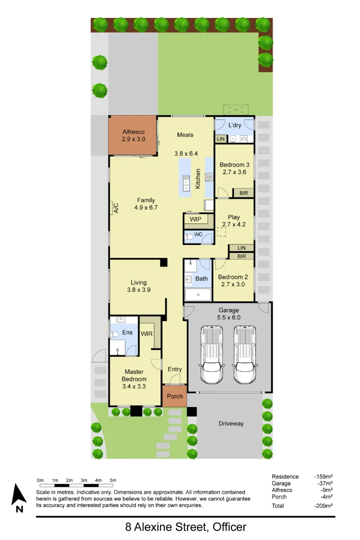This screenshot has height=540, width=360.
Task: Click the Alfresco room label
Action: tap(133, 132)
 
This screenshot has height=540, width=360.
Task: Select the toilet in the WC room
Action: tap(189, 238)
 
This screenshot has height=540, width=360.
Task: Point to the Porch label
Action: tap(174, 396)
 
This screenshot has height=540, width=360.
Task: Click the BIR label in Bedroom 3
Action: tap(243, 192)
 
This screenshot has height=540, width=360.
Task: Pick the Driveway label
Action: tap(231, 423)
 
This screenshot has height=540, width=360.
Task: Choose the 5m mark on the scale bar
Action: tap(112, 480)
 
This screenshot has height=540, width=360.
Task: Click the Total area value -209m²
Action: tap(323, 506)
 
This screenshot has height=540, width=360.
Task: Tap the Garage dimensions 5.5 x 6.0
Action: tap(228, 317)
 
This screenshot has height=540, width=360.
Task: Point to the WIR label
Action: tap(146, 333)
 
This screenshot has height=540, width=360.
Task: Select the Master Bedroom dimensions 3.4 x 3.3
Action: tap(133, 386)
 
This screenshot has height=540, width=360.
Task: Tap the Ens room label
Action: tap(128, 332)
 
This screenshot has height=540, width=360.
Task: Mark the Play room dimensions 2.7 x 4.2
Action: tap(233, 224)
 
